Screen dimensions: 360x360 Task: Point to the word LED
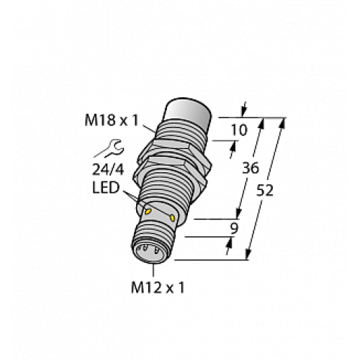[x=108, y=189]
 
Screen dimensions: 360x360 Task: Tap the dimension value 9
[x=232, y=230]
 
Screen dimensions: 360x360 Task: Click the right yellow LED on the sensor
[x=174, y=216]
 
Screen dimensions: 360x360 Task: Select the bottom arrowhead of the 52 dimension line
[x=249, y=254]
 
